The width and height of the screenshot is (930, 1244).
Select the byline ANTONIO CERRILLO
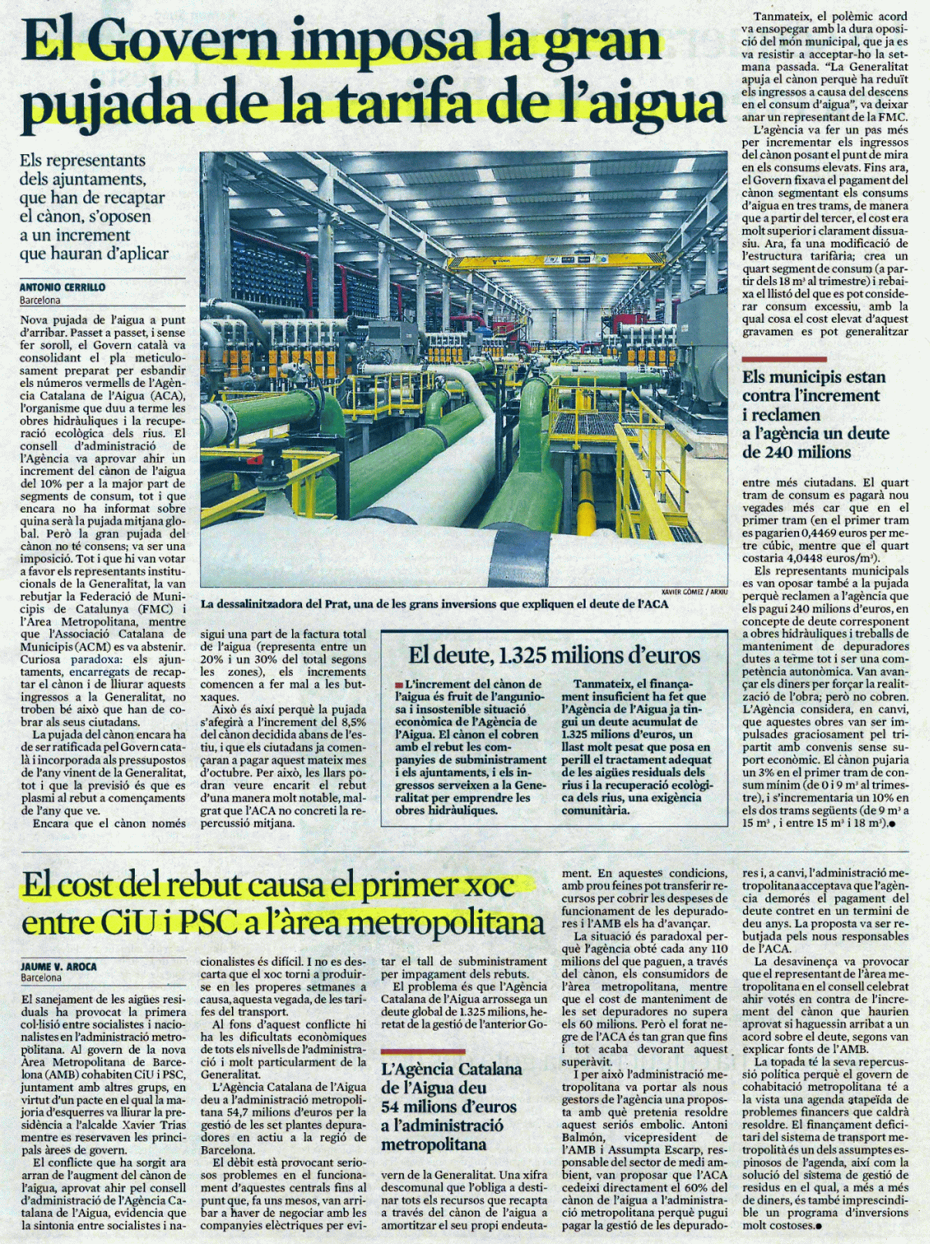(x=62, y=287)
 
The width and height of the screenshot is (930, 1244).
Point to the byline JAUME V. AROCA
(x=59, y=966)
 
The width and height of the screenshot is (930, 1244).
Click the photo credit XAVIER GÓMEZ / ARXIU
(x=694, y=592)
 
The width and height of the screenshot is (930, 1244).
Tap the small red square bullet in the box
(x=399, y=684)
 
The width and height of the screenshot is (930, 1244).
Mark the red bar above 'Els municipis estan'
(x=784, y=359)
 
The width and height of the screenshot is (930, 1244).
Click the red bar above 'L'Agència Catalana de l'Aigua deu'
(x=423, y=1051)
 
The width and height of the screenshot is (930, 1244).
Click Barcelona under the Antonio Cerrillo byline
(x=40, y=301)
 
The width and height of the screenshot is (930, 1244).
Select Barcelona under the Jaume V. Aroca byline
(x=41, y=978)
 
